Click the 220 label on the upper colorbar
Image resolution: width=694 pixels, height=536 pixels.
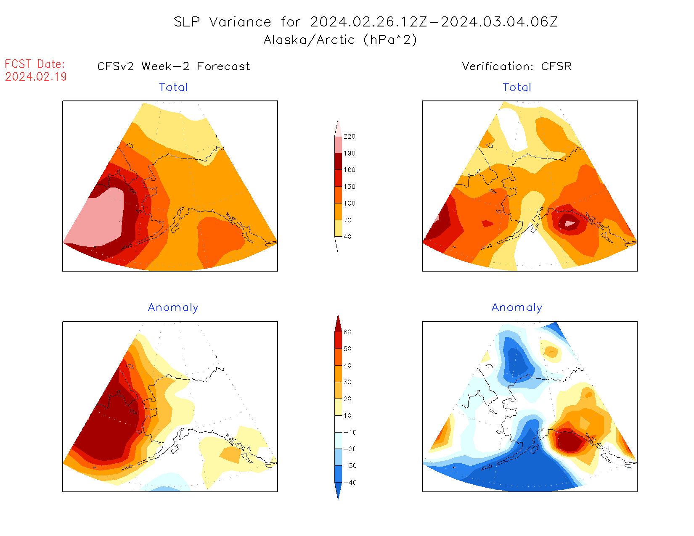[x=349, y=137]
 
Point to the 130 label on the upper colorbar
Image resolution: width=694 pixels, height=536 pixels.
[x=349, y=187]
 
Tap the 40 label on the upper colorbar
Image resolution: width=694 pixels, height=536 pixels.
[x=347, y=237]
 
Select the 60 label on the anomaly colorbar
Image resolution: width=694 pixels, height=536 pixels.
[x=347, y=332]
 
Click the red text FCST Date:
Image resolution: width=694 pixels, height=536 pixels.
[x=35, y=64]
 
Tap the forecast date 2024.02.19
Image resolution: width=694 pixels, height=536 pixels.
[x=36, y=77]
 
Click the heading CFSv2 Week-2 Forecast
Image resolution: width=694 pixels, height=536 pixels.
[x=173, y=66]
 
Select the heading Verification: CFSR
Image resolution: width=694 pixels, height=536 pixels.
[x=517, y=66]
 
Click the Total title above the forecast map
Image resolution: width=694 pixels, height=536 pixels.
[x=173, y=87]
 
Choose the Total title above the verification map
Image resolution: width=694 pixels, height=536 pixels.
[x=517, y=87]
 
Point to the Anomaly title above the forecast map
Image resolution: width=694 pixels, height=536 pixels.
[x=173, y=308]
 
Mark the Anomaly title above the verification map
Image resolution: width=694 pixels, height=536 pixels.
[x=517, y=308]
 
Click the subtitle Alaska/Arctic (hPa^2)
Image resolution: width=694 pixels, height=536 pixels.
[x=340, y=40]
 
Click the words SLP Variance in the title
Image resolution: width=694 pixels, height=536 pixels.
[x=223, y=22]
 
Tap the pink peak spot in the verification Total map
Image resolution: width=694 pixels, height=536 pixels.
[x=569, y=223]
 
